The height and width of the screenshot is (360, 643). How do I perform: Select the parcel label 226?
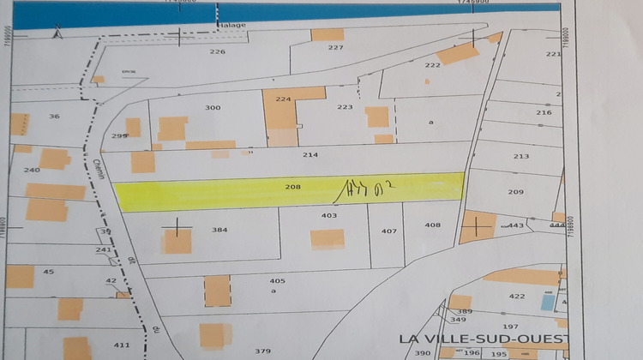[x=217, y=52]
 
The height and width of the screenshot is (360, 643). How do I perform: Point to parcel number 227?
[x=335, y=48]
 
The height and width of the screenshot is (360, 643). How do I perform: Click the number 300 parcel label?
[x=213, y=108]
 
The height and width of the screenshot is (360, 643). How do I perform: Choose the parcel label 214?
[x=310, y=155]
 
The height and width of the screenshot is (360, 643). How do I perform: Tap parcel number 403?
[x=329, y=216]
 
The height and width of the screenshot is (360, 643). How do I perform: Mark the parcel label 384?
[x=219, y=230]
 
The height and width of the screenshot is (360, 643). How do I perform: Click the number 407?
[x=389, y=231]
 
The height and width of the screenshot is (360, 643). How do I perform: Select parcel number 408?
[x=432, y=225]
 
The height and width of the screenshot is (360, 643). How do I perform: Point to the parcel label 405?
[x=277, y=281]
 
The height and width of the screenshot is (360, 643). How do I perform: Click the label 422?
[x=516, y=296]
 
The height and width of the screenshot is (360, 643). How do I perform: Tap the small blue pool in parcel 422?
[x=547, y=302]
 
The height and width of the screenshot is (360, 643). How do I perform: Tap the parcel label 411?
[x=121, y=345]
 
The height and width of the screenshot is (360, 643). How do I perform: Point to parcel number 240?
[x=32, y=170]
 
